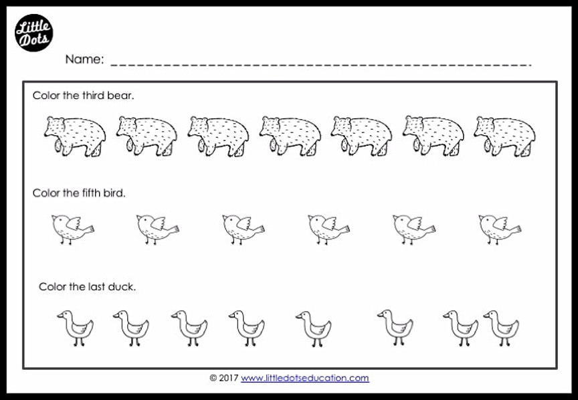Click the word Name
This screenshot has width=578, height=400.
click(x=84, y=60)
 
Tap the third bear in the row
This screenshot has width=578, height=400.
click(x=217, y=135)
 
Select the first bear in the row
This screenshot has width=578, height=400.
click(x=74, y=135)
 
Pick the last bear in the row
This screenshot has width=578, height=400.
click(x=504, y=135)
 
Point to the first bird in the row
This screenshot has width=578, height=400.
click(x=72, y=228)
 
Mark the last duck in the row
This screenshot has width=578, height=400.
click(x=501, y=327)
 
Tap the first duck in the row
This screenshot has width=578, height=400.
click(x=75, y=327)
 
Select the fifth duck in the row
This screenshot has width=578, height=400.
click(x=313, y=327)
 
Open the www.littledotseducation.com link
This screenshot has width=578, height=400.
click(x=304, y=378)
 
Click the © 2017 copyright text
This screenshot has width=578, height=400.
click(x=223, y=378)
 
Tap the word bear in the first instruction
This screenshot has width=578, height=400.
click(x=121, y=96)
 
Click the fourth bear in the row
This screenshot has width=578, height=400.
click(x=289, y=135)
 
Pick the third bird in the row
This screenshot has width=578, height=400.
click(x=243, y=228)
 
